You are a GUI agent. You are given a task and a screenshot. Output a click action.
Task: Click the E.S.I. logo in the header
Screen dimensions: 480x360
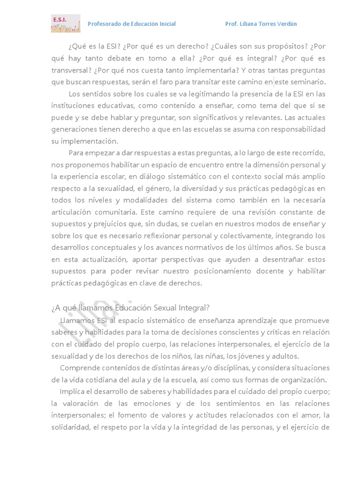point(65,23)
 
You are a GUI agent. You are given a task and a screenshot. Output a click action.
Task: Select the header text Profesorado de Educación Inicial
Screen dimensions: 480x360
point(132,24)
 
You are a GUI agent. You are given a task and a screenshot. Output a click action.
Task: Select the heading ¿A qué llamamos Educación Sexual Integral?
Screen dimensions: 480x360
point(131,307)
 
